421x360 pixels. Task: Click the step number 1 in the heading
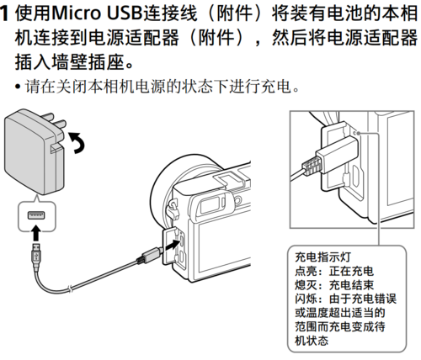(x=7, y=15)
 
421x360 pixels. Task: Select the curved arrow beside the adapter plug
(x=79, y=144)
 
